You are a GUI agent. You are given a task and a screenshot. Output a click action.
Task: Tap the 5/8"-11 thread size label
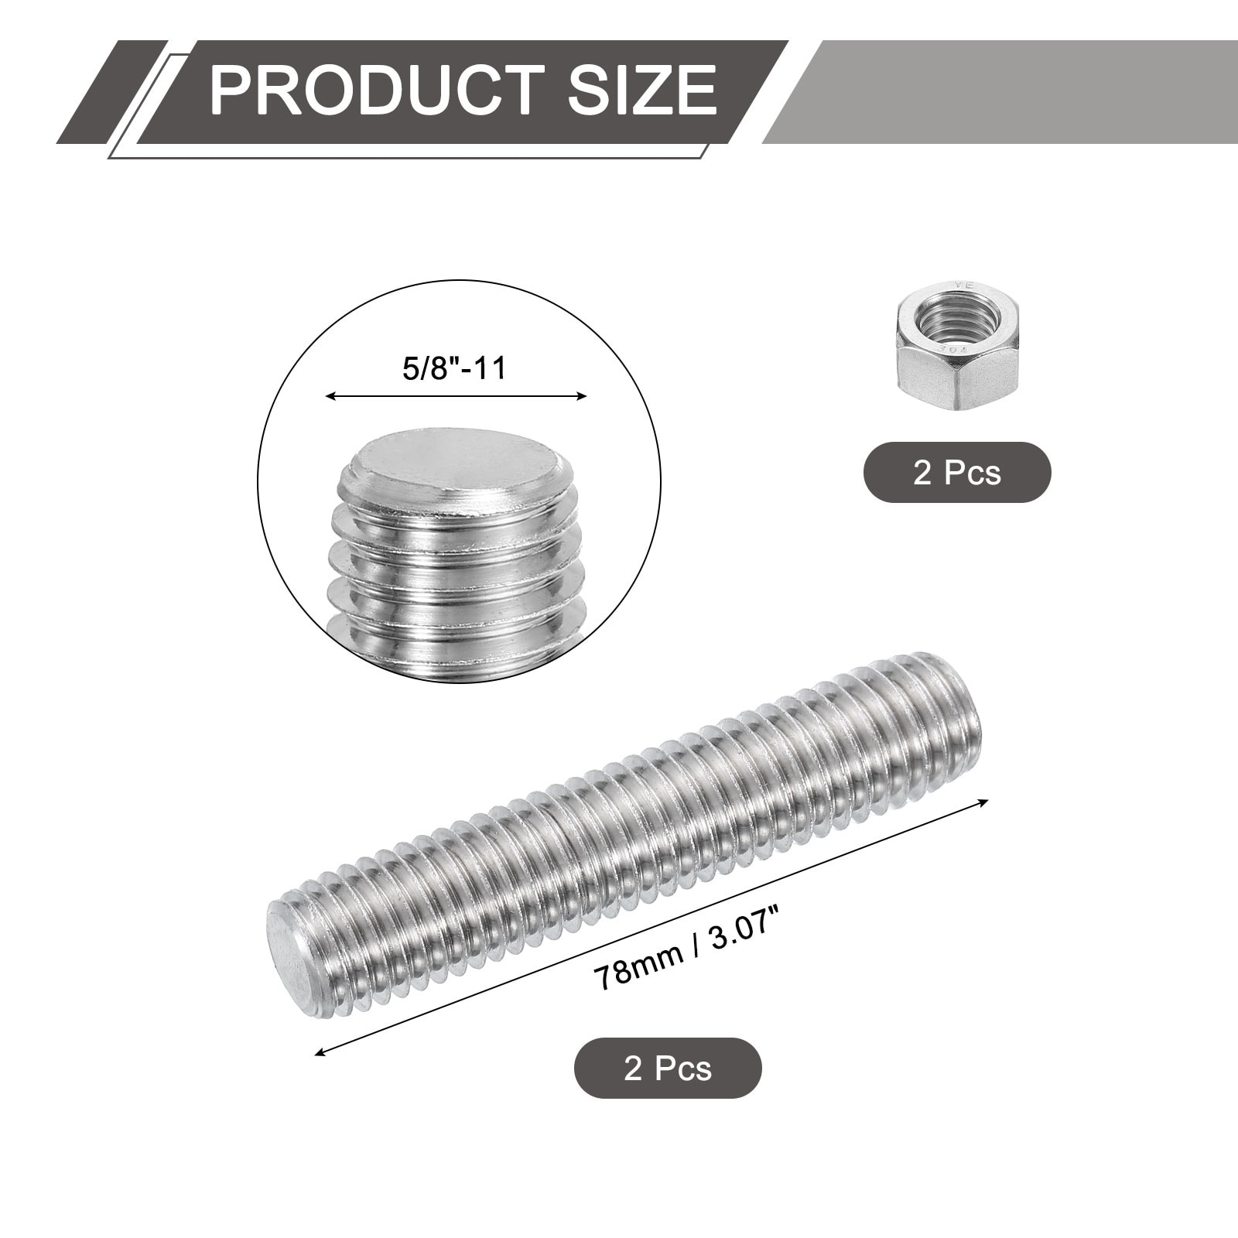(454, 368)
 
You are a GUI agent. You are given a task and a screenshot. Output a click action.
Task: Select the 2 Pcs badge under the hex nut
(957, 472)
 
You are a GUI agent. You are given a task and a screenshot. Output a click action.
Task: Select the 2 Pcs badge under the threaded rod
(668, 1068)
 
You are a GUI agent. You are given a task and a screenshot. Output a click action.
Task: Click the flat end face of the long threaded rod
(286, 951)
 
